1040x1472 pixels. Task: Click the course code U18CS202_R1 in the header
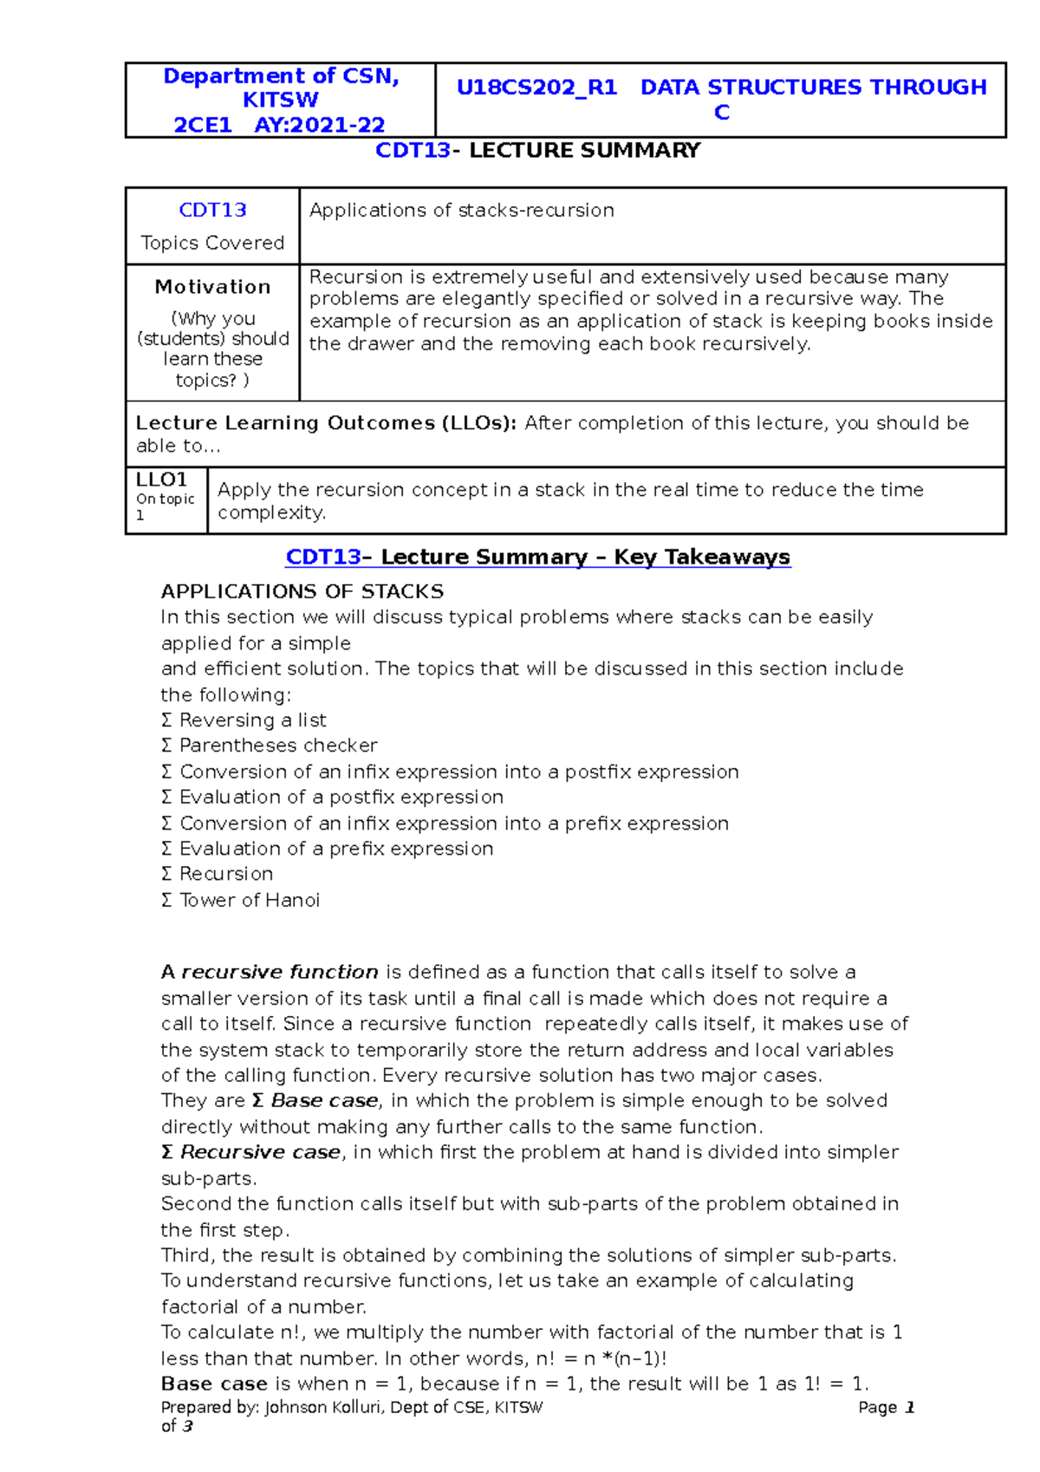click(536, 88)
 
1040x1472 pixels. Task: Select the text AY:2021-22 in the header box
click(319, 125)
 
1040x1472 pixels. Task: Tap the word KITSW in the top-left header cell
click(280, 100)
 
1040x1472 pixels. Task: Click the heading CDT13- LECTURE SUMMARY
click(537, 151)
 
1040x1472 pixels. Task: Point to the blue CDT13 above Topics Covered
click(212, 211)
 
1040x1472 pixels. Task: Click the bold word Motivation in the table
click(212, 287)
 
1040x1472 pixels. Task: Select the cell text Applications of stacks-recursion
click(461, 211)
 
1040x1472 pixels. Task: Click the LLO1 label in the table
click(162, 479)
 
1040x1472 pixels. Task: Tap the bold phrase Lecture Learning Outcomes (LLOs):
click(326, 423)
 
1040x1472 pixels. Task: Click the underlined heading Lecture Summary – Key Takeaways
click(585, 557)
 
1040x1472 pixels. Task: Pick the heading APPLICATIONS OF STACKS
click(302, 592)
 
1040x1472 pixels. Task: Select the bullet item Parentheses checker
click(277, 746)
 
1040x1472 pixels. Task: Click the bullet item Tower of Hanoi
click(249, 900)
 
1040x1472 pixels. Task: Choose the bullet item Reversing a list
click(252, 720)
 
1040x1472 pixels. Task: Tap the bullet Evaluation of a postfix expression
click(341, 797)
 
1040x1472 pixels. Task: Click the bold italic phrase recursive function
click(279, 972)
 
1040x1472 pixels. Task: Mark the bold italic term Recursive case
click(260, 1152)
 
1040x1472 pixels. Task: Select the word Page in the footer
click(877, 1408)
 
